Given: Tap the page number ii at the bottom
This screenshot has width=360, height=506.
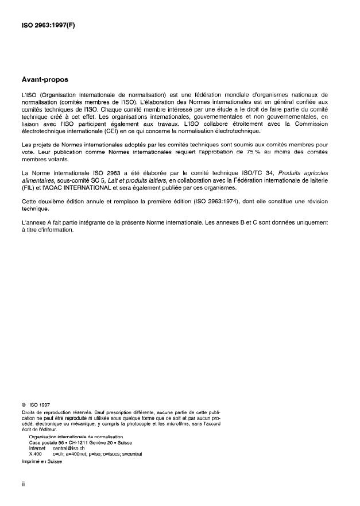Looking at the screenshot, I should pyautogui.click(x=24, y=484).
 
